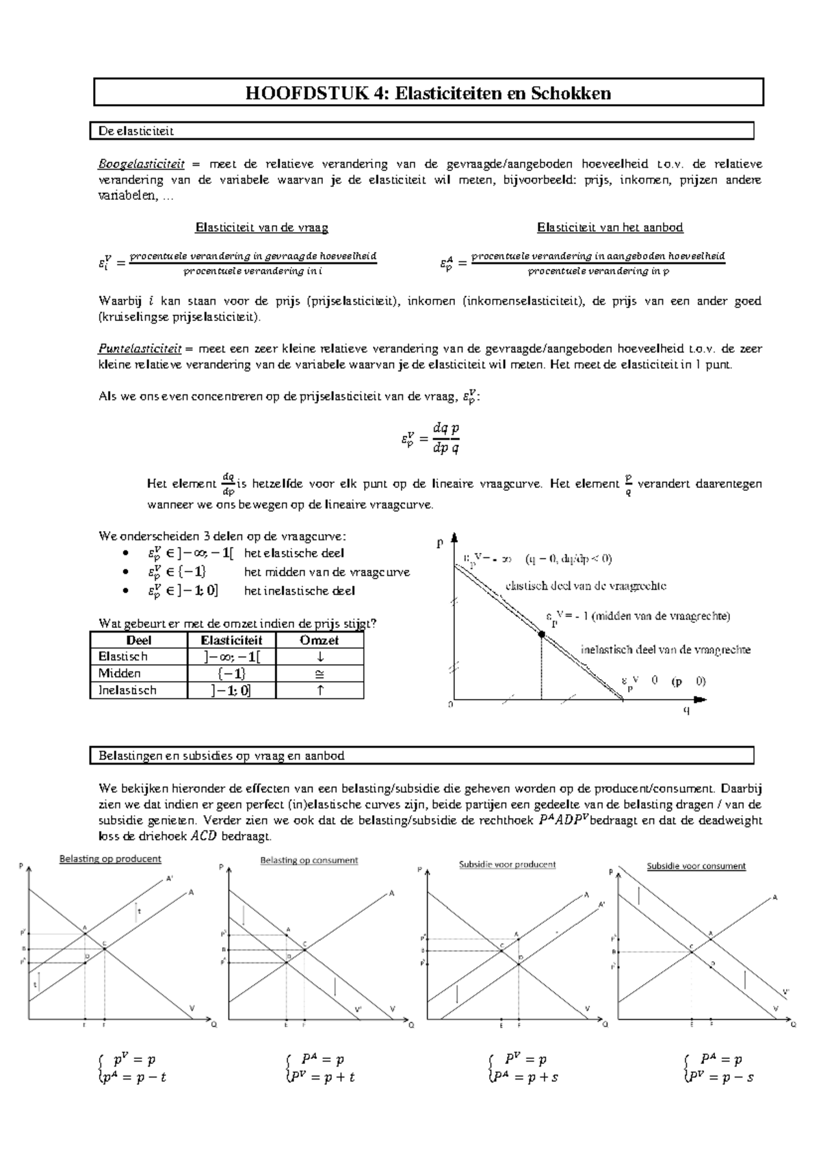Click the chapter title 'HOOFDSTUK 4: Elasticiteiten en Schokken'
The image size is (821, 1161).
point(428,93)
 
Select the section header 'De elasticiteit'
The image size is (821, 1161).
point(135,131)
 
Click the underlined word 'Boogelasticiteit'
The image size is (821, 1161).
point(141,164)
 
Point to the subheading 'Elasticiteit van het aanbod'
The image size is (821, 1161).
point(610,227)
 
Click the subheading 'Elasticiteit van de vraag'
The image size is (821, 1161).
point(261,227)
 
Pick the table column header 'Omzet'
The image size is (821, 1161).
point(320,640)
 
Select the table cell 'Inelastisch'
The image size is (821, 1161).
point(127,690)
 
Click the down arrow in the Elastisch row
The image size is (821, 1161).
point(320,656)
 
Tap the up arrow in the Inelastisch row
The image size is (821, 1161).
point(320,690)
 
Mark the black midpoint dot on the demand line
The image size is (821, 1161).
point(541,635)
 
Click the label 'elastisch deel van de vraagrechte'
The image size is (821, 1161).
point(586,586)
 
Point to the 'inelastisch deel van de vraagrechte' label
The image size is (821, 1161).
point(665,650)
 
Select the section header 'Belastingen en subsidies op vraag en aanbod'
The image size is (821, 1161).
point(221,756)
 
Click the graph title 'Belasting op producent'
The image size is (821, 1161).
point(110,858)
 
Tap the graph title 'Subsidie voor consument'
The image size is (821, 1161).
point(696,866)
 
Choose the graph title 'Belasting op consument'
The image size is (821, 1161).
point(309,860)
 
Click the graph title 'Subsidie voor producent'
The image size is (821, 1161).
point(507,864)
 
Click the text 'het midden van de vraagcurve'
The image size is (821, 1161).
point(326,572)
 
